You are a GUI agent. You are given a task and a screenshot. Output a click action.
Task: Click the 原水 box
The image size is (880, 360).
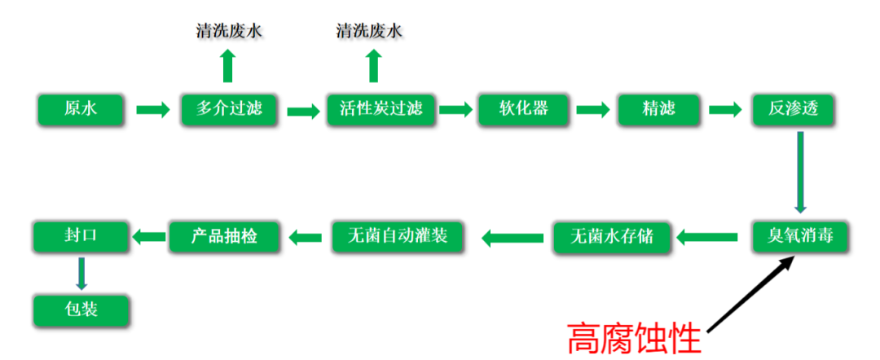click(x=80, y=109)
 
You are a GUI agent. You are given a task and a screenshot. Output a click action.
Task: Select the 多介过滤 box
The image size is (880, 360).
click(x=229, y=109)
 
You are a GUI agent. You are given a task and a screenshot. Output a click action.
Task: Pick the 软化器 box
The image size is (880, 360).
click(x=523, y=109)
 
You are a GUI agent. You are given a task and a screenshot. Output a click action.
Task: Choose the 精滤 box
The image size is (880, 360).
click(x=658, y=109)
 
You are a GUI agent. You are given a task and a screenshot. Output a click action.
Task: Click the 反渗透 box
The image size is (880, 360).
click(x=793, y=109)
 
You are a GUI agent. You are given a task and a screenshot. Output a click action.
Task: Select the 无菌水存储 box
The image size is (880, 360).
click(x=612, y=237)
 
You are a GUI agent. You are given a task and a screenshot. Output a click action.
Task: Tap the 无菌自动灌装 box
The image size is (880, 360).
click(x=396, y=236)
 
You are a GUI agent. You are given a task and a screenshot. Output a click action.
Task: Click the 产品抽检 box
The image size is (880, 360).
click(x=224, y=236)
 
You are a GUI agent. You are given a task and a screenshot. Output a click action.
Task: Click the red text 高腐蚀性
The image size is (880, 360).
click(x=634, y=336)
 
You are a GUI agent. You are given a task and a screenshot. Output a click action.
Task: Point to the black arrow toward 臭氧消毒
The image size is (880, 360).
click(x=750, y=294)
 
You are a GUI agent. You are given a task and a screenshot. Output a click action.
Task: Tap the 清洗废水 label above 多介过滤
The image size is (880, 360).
click(x=230, y=32)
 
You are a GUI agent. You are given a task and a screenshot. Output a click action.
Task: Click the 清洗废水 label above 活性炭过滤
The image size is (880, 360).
click(x=370, y=32)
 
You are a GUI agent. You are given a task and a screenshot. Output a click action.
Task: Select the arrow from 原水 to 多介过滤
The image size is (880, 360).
click(x=152, y=109)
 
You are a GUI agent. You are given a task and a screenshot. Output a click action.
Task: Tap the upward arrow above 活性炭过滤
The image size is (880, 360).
click(x=373, y=65)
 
